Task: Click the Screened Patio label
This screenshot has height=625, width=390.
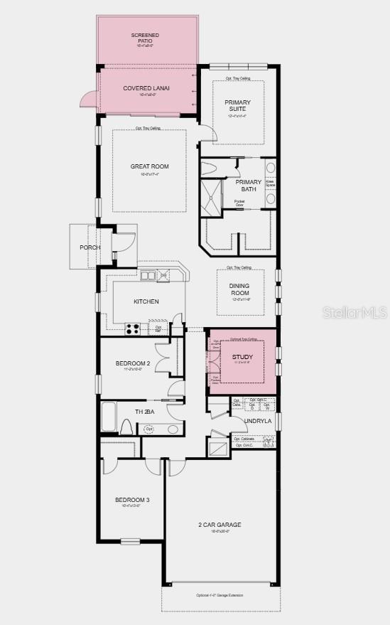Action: (x=145, y=38)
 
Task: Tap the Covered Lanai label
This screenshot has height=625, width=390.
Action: (x=146, y=88)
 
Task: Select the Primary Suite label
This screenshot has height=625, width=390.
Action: (x=237, y=105)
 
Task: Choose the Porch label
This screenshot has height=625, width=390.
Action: (x=90, y=247)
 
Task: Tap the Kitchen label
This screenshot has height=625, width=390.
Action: (x=146, y=301)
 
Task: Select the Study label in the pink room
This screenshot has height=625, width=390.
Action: (x=242, y=356)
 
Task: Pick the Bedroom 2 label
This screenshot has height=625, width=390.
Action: (x=133, y=363)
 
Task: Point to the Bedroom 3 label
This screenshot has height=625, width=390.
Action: (x=132, y=500)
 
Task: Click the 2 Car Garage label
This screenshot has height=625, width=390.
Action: (x=220, y=525)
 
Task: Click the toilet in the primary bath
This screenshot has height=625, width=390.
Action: (x=209, y=169)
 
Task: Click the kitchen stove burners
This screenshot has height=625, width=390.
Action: (x=132, y=328)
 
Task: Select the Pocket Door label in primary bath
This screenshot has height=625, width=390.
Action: (x=240, y=203)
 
